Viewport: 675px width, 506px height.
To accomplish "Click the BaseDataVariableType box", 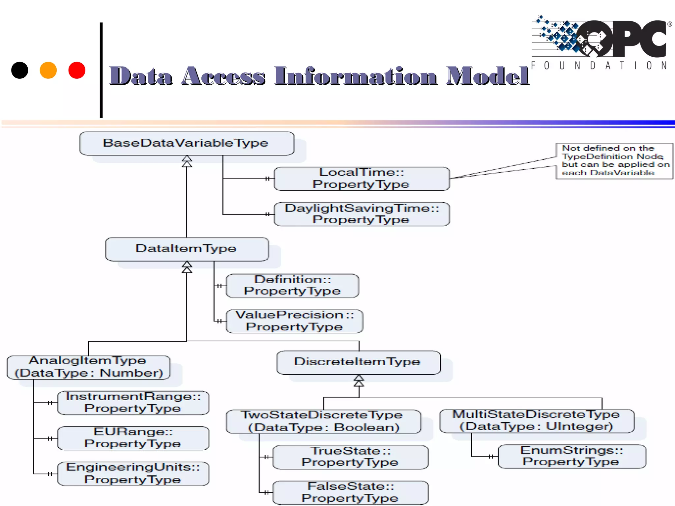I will point(187,143).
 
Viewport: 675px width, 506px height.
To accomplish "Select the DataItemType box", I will point(187,249).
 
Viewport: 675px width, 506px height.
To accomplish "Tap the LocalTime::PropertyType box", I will point(362,179).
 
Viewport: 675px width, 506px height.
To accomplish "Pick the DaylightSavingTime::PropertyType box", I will point(362,214).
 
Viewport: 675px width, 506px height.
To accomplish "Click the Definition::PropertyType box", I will point(292,286).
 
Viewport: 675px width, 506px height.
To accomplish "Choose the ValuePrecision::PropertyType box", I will point(294,321).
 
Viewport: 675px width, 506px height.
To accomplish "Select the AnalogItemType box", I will point(88,367).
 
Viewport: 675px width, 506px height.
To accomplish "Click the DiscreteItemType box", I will point(358,362).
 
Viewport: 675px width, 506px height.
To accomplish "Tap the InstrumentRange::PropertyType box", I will point(133,403).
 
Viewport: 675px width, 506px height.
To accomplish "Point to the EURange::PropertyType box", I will point(133,438).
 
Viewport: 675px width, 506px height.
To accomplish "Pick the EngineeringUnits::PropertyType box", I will point(133,473).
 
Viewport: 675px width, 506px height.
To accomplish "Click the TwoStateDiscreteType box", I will point(323,421).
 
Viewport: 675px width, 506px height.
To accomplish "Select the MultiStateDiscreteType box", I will point(537,421).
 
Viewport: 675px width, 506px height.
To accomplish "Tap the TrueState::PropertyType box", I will point(350,457).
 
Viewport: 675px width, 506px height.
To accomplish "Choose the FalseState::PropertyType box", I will point(350,492).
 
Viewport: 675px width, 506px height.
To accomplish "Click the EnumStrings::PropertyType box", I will point(572,456).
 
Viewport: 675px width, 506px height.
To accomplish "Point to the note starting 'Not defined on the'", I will point(614,161).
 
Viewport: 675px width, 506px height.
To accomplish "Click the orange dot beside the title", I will point(48,70).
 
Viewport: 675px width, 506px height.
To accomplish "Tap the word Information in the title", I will point(356,76).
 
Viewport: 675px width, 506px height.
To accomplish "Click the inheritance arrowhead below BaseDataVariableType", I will point(187,161).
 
